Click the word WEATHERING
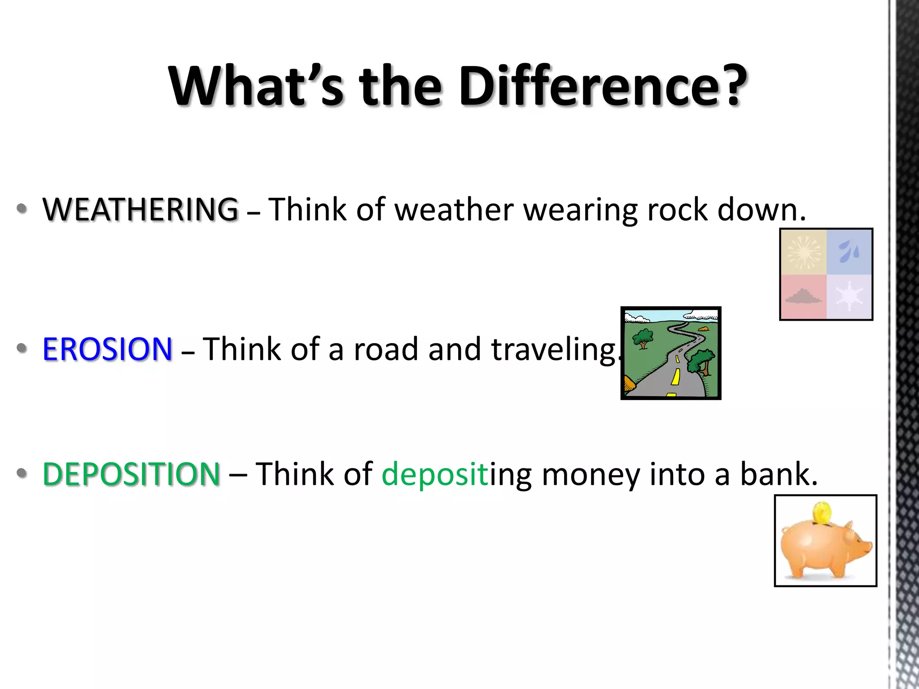click(x=140, y=209)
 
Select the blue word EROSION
click(x=107, y=349)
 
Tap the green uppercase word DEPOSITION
click(x=131, y=474)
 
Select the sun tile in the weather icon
click(x=804, y=252)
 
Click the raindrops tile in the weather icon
click(x=849, y=252)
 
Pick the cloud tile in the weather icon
click(x=803, y=297)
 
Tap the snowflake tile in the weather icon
click(x=849, y=297)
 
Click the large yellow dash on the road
click(x=675, y=377)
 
